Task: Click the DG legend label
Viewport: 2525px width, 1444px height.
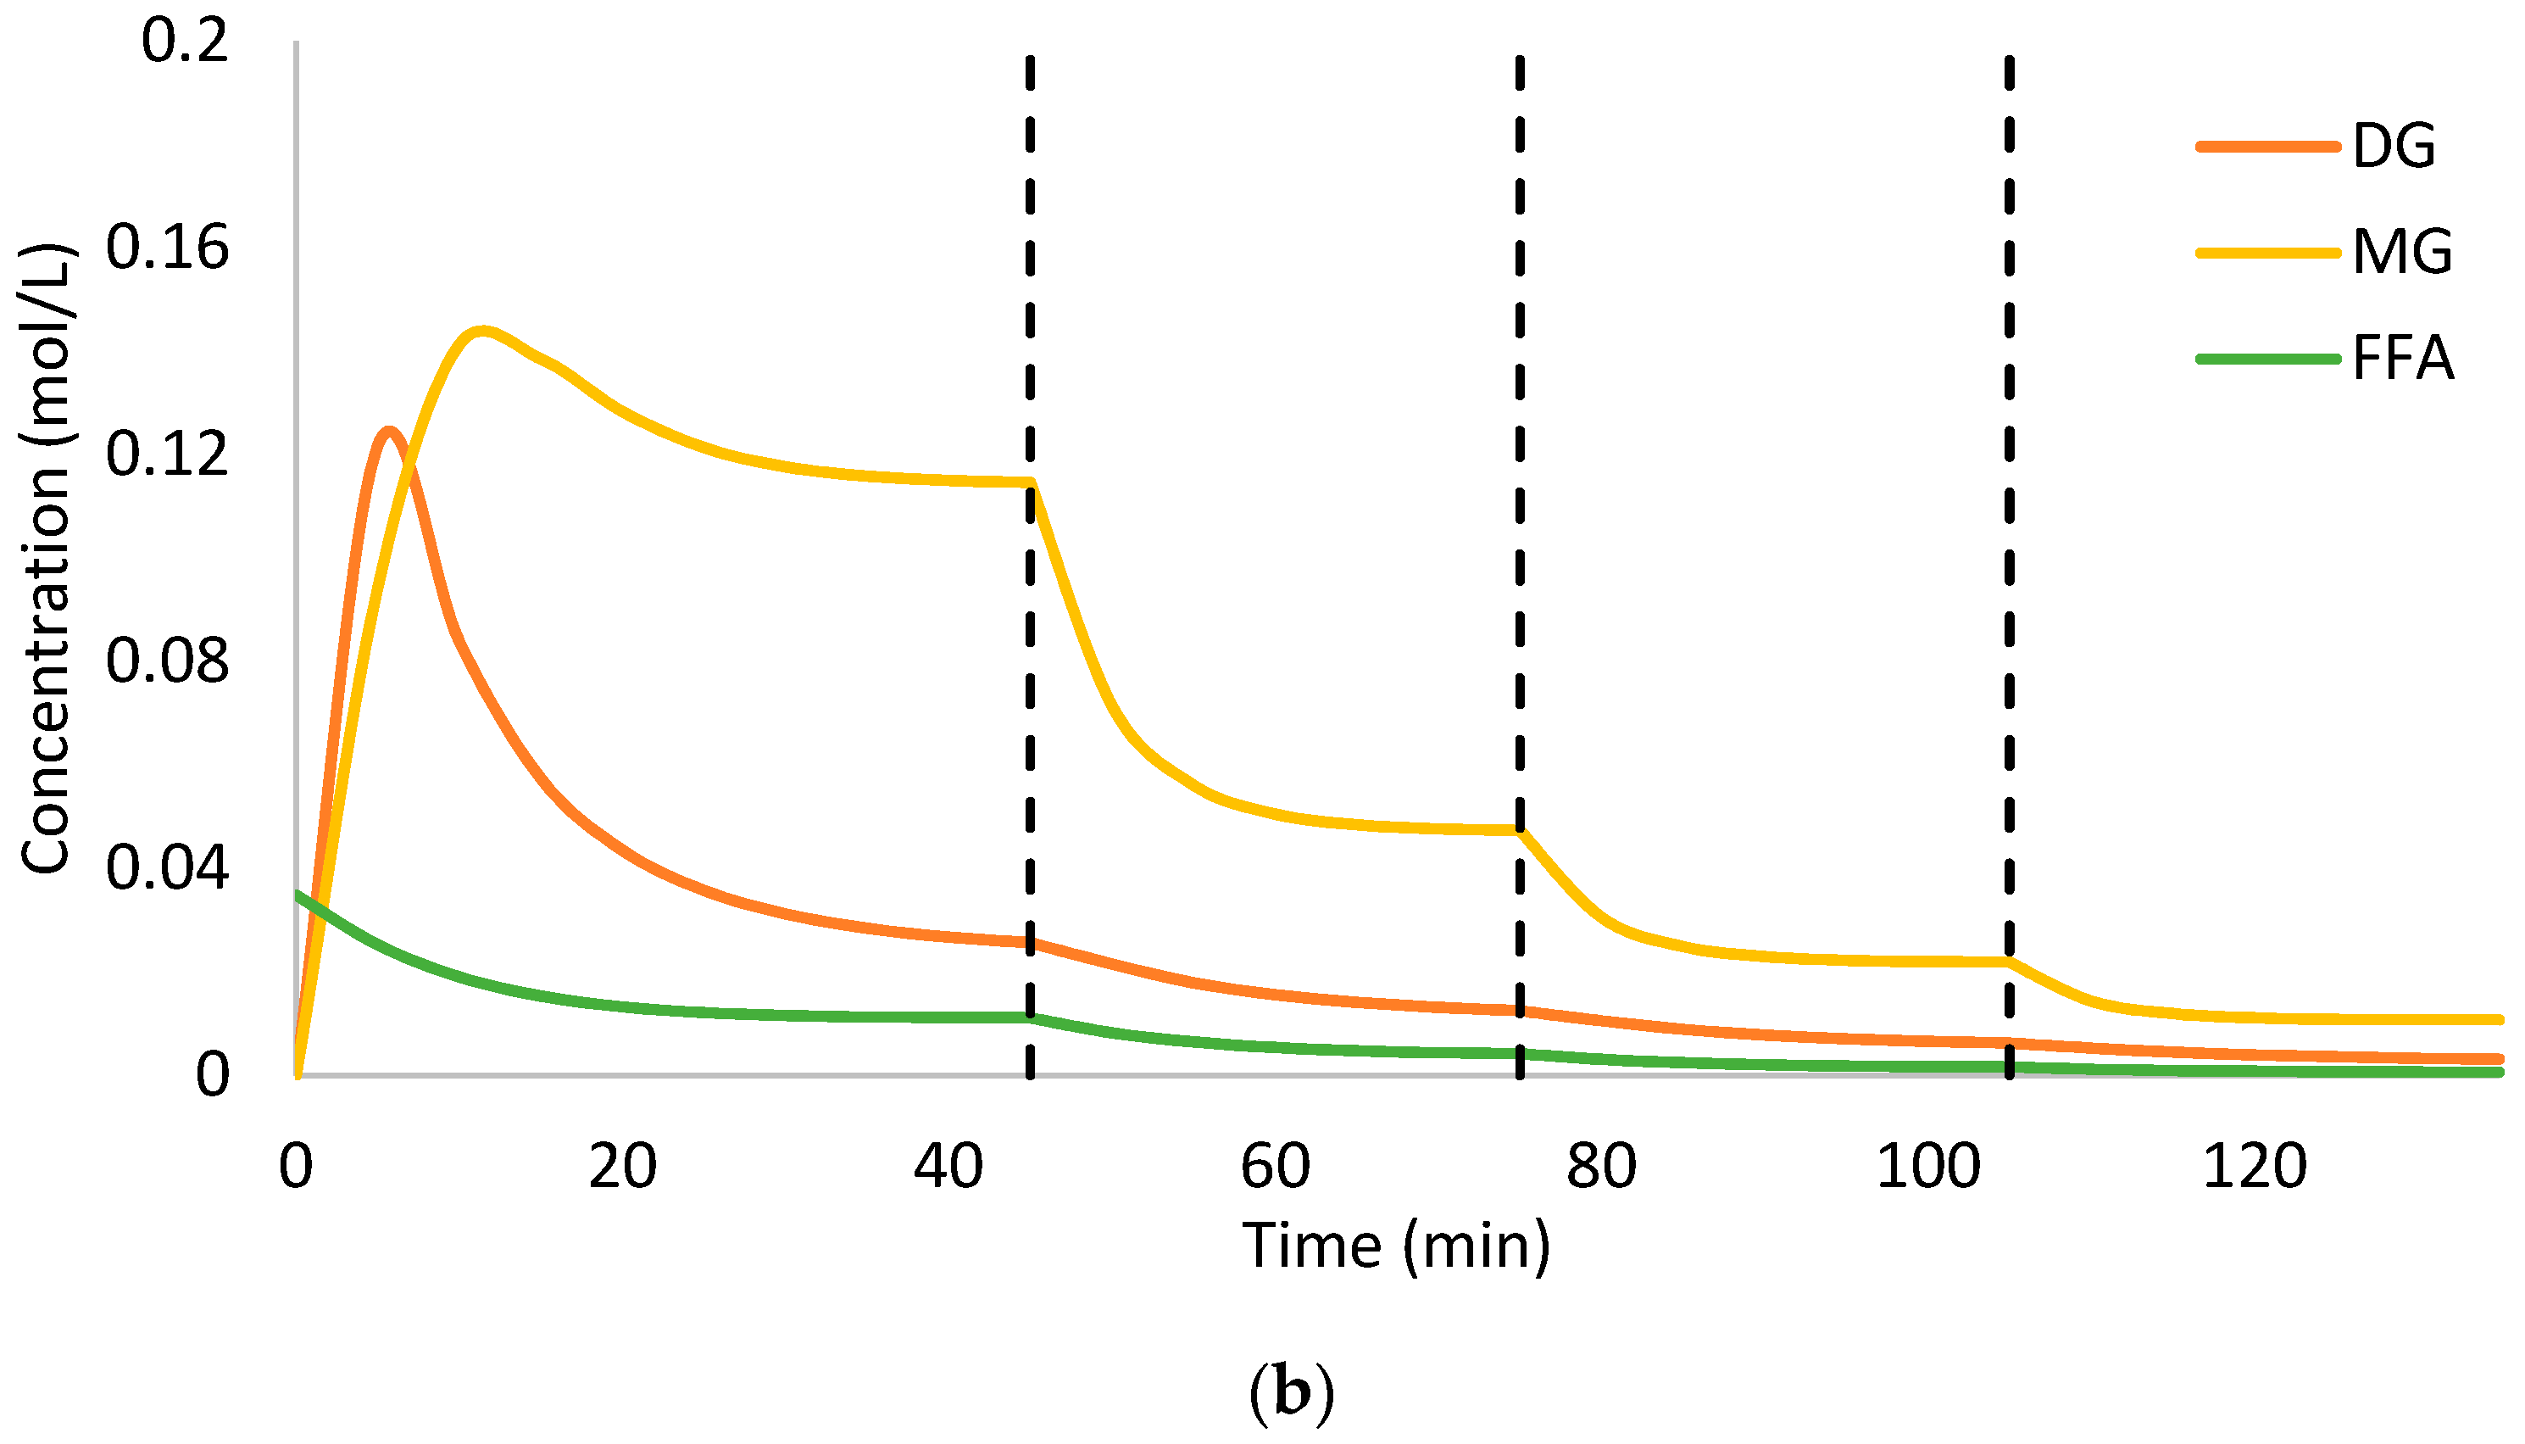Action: click(x=2393, y=147)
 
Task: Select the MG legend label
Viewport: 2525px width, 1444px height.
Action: click(x=2401, y=252)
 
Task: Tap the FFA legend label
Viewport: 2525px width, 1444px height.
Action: click(x=2403, y=358)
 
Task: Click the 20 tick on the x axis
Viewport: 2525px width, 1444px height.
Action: click(x=623, y=1168)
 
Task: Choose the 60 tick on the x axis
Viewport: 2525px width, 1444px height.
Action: click(x=1275, y=1168)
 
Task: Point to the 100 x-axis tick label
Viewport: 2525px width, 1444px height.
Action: click(x=1928, y=1168)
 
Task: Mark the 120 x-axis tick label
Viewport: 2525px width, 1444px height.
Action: click(x=2255, y=1168)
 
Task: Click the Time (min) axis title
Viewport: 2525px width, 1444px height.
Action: click(x=1396, y=1246)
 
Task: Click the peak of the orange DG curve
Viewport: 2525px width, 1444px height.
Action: click(x=388, y=432)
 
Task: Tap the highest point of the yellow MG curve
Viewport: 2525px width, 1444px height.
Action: click(x=481, y=330)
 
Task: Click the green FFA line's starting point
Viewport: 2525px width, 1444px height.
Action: click(x=298, y=895)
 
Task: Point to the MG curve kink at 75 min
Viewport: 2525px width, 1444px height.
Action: click(x=1520, y=830)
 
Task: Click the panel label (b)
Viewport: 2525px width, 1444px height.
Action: click(x=1291, y=1393)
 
